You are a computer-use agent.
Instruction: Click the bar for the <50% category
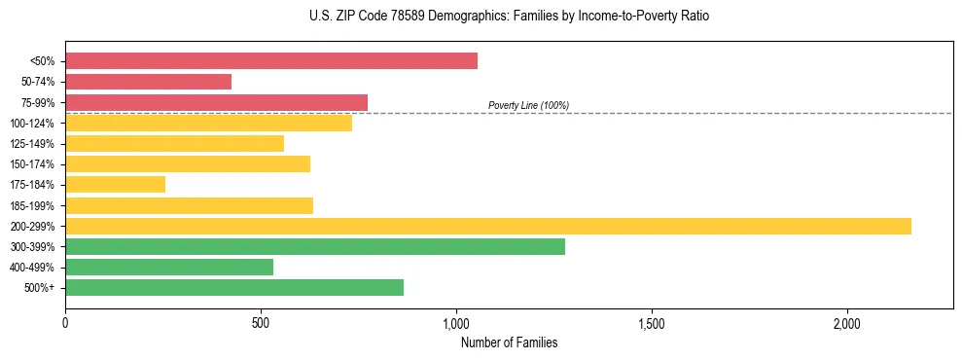click(271, 61)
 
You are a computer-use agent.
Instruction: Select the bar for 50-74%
click(148, 82)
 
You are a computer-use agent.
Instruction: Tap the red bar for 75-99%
click(216, 102)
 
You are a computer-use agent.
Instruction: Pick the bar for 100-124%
click(208, 123)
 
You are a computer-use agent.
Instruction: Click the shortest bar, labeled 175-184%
click(115, 184)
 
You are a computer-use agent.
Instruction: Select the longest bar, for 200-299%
click(488, 226)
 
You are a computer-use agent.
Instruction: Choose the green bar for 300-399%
click(314, 246)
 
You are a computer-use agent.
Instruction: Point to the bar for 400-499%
click(169, 267)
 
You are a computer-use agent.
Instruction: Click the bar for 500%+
click(234, 287)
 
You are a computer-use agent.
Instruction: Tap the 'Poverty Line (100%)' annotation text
click(528, 105)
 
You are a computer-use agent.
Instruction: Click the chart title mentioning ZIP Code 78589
click(509, 17)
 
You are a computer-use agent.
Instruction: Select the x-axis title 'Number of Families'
click(509, 342)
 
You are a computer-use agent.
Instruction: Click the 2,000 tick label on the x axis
click(847, 323)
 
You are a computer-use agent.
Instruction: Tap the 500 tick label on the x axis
click(261, 323)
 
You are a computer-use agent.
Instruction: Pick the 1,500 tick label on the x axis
click(652, 323)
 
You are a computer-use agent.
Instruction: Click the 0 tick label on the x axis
click(65, 323)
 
